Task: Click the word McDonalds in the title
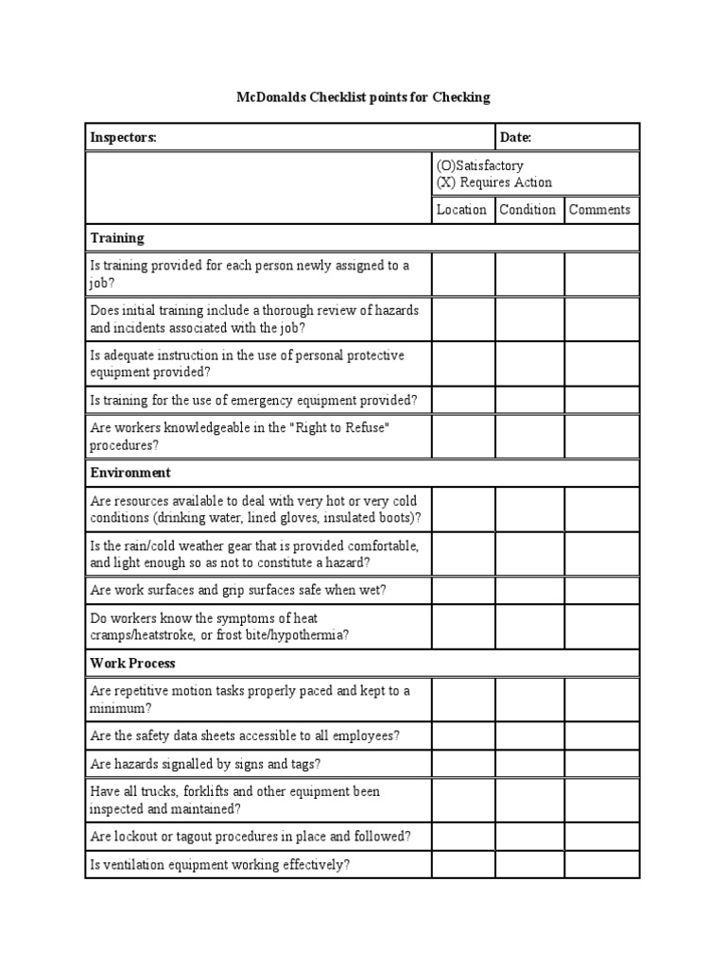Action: pos(267,97)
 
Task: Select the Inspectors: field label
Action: pos(123,138)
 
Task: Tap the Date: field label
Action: pos(516,138)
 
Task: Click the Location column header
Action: pos(461,210)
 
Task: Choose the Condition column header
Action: pos(527,210)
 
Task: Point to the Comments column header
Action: pos(599,210)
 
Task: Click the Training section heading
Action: pos(117,238)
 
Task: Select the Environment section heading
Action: pos(130,472)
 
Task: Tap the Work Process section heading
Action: pos(133,664)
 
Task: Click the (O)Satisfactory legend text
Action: pos(479,165)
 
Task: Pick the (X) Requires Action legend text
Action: pos(493,182)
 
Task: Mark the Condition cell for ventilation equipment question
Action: pos(529,864)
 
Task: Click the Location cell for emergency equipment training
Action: pos(463,400)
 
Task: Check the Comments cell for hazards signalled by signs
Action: pos(601,764)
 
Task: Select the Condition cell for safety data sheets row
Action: pos(529,735)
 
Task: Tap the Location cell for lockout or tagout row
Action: pos(463,836)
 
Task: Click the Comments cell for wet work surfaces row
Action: pos(601,591)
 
